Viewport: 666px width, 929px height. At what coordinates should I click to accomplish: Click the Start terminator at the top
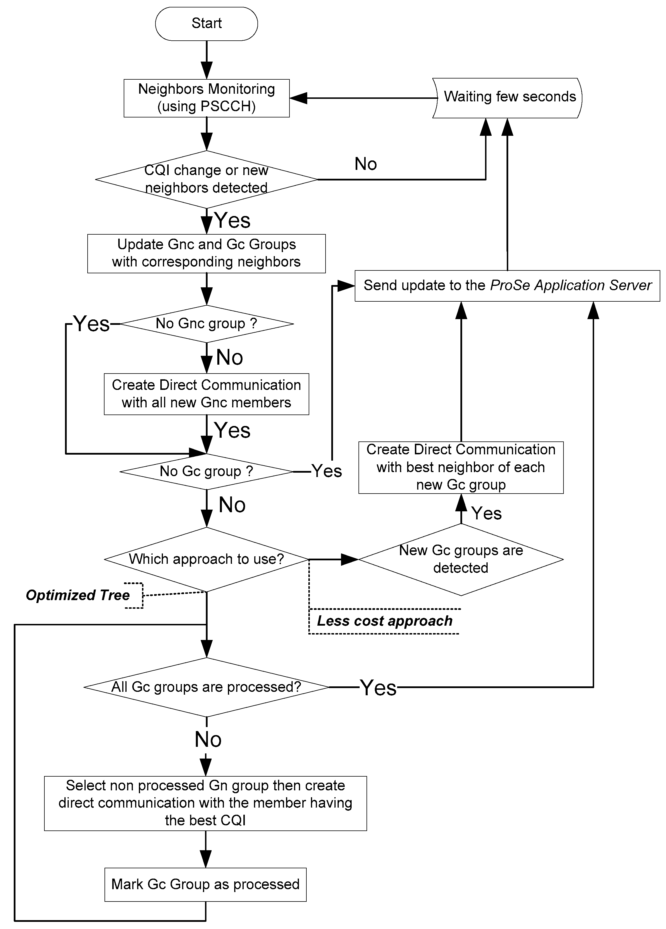pyautogui.click(x=206, y=24)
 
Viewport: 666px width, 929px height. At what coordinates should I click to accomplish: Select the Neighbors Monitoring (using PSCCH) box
pyautogui.click(x=206, y=98)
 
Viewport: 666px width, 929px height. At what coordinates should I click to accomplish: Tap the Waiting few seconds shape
pyautogui.click(x=508, y=97)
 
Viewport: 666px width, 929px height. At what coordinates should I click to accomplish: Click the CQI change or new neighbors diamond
pyautogui.click(x=206, y=179)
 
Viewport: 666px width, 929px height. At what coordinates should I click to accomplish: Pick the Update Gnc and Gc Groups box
pyautogui.click(x=206, y=253)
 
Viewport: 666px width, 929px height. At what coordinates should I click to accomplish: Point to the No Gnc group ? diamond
pyautogui.click(x=206, y=324)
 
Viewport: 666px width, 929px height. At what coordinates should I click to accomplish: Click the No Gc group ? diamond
pyautogui.click(x=206, y=472)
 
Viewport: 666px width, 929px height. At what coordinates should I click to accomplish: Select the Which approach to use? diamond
pyautogui.click(x=206, y=559)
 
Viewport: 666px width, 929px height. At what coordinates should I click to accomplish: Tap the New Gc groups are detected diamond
pyautogui.click(x=461, y=559)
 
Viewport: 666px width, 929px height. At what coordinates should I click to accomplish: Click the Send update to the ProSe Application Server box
pyautogui.click(x=507, y=286)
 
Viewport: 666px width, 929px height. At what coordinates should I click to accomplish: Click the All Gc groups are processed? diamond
pyautogui.click(x=206, y=687)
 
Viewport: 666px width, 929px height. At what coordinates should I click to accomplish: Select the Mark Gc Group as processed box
pyautogui.click(x=206, y=884)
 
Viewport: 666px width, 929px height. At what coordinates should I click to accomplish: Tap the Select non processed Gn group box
pyautogui.click(x=206, y=803)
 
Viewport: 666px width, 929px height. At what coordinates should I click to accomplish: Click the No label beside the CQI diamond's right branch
pyautogui.click(x=366, y=164)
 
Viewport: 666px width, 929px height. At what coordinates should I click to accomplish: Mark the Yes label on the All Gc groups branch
pyautogui.click(x=378, y=687)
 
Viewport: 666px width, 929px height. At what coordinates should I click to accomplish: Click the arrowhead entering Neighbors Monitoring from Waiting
pyautogui.click(x=298, y=98)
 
